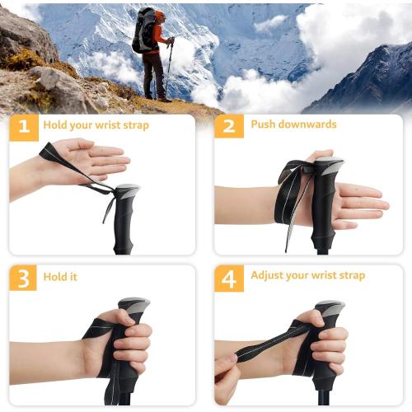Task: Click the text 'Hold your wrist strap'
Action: click(97, 125)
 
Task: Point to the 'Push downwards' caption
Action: click(294, 124)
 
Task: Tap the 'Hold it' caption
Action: click(62, 277)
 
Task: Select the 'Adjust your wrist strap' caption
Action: click(307, 275)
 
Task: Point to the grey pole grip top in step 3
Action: click(133, 304)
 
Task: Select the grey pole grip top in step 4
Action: click(330, 307)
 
